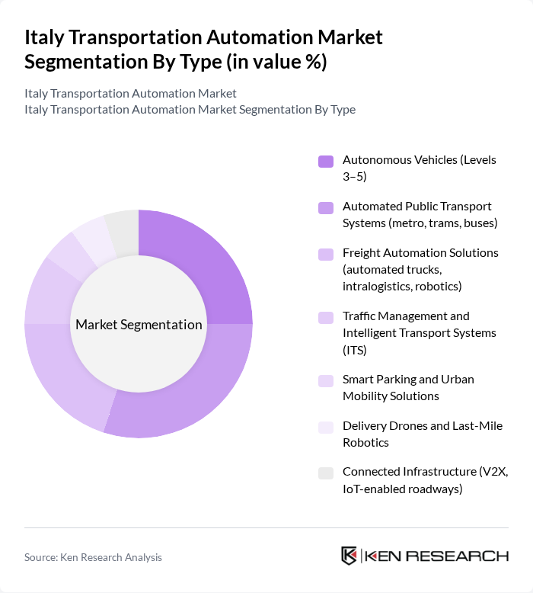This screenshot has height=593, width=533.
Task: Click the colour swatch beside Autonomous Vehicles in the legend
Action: [326, 161]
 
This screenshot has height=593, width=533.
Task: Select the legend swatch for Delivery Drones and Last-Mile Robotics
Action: [326, 427]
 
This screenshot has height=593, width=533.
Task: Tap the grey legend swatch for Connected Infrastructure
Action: [326, 473]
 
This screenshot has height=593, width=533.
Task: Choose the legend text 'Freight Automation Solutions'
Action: [420, 252]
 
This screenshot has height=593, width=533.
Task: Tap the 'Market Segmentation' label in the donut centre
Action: [139, 325]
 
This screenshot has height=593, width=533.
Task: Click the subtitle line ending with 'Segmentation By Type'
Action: [190, 109]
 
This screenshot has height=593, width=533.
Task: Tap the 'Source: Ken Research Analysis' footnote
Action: [93, 557]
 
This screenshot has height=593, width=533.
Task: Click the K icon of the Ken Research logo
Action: [349, 556]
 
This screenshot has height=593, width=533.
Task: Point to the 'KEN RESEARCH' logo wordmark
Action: [436, 556]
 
